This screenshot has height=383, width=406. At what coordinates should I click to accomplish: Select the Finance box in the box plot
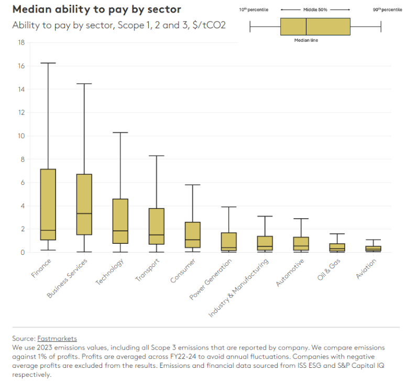pyautogui.click(x=48, y=204)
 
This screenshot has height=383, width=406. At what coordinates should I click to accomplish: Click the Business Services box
pyautogui.click(x=84, y=204)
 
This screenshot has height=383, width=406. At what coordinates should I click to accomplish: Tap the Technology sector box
pyautogui.click(x=120, y=221)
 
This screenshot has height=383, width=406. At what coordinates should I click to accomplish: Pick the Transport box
pyautogui.click(x=156, y=226)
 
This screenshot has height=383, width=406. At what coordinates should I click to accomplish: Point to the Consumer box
pyautogui.click(x=192, y=234)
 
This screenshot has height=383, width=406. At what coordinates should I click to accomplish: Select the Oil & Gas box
pyautogui.click(x=337, y=247)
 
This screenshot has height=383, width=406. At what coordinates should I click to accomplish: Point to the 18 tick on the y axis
pyautogui.click(x=21, y=42)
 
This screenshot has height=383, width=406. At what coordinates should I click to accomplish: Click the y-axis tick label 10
pyautogui.click(x=21, y=136)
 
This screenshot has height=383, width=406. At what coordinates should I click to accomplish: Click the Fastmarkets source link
pyautogui.click(x=57, y=339)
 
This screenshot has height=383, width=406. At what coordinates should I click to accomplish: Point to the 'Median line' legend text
pyautogui.click(x=306, y=40)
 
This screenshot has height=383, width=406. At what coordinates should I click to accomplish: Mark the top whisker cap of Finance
pyautogui.click(x=48, y=63)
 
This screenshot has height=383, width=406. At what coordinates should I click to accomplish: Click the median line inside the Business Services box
pyautogui.click(x=84, y=213)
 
